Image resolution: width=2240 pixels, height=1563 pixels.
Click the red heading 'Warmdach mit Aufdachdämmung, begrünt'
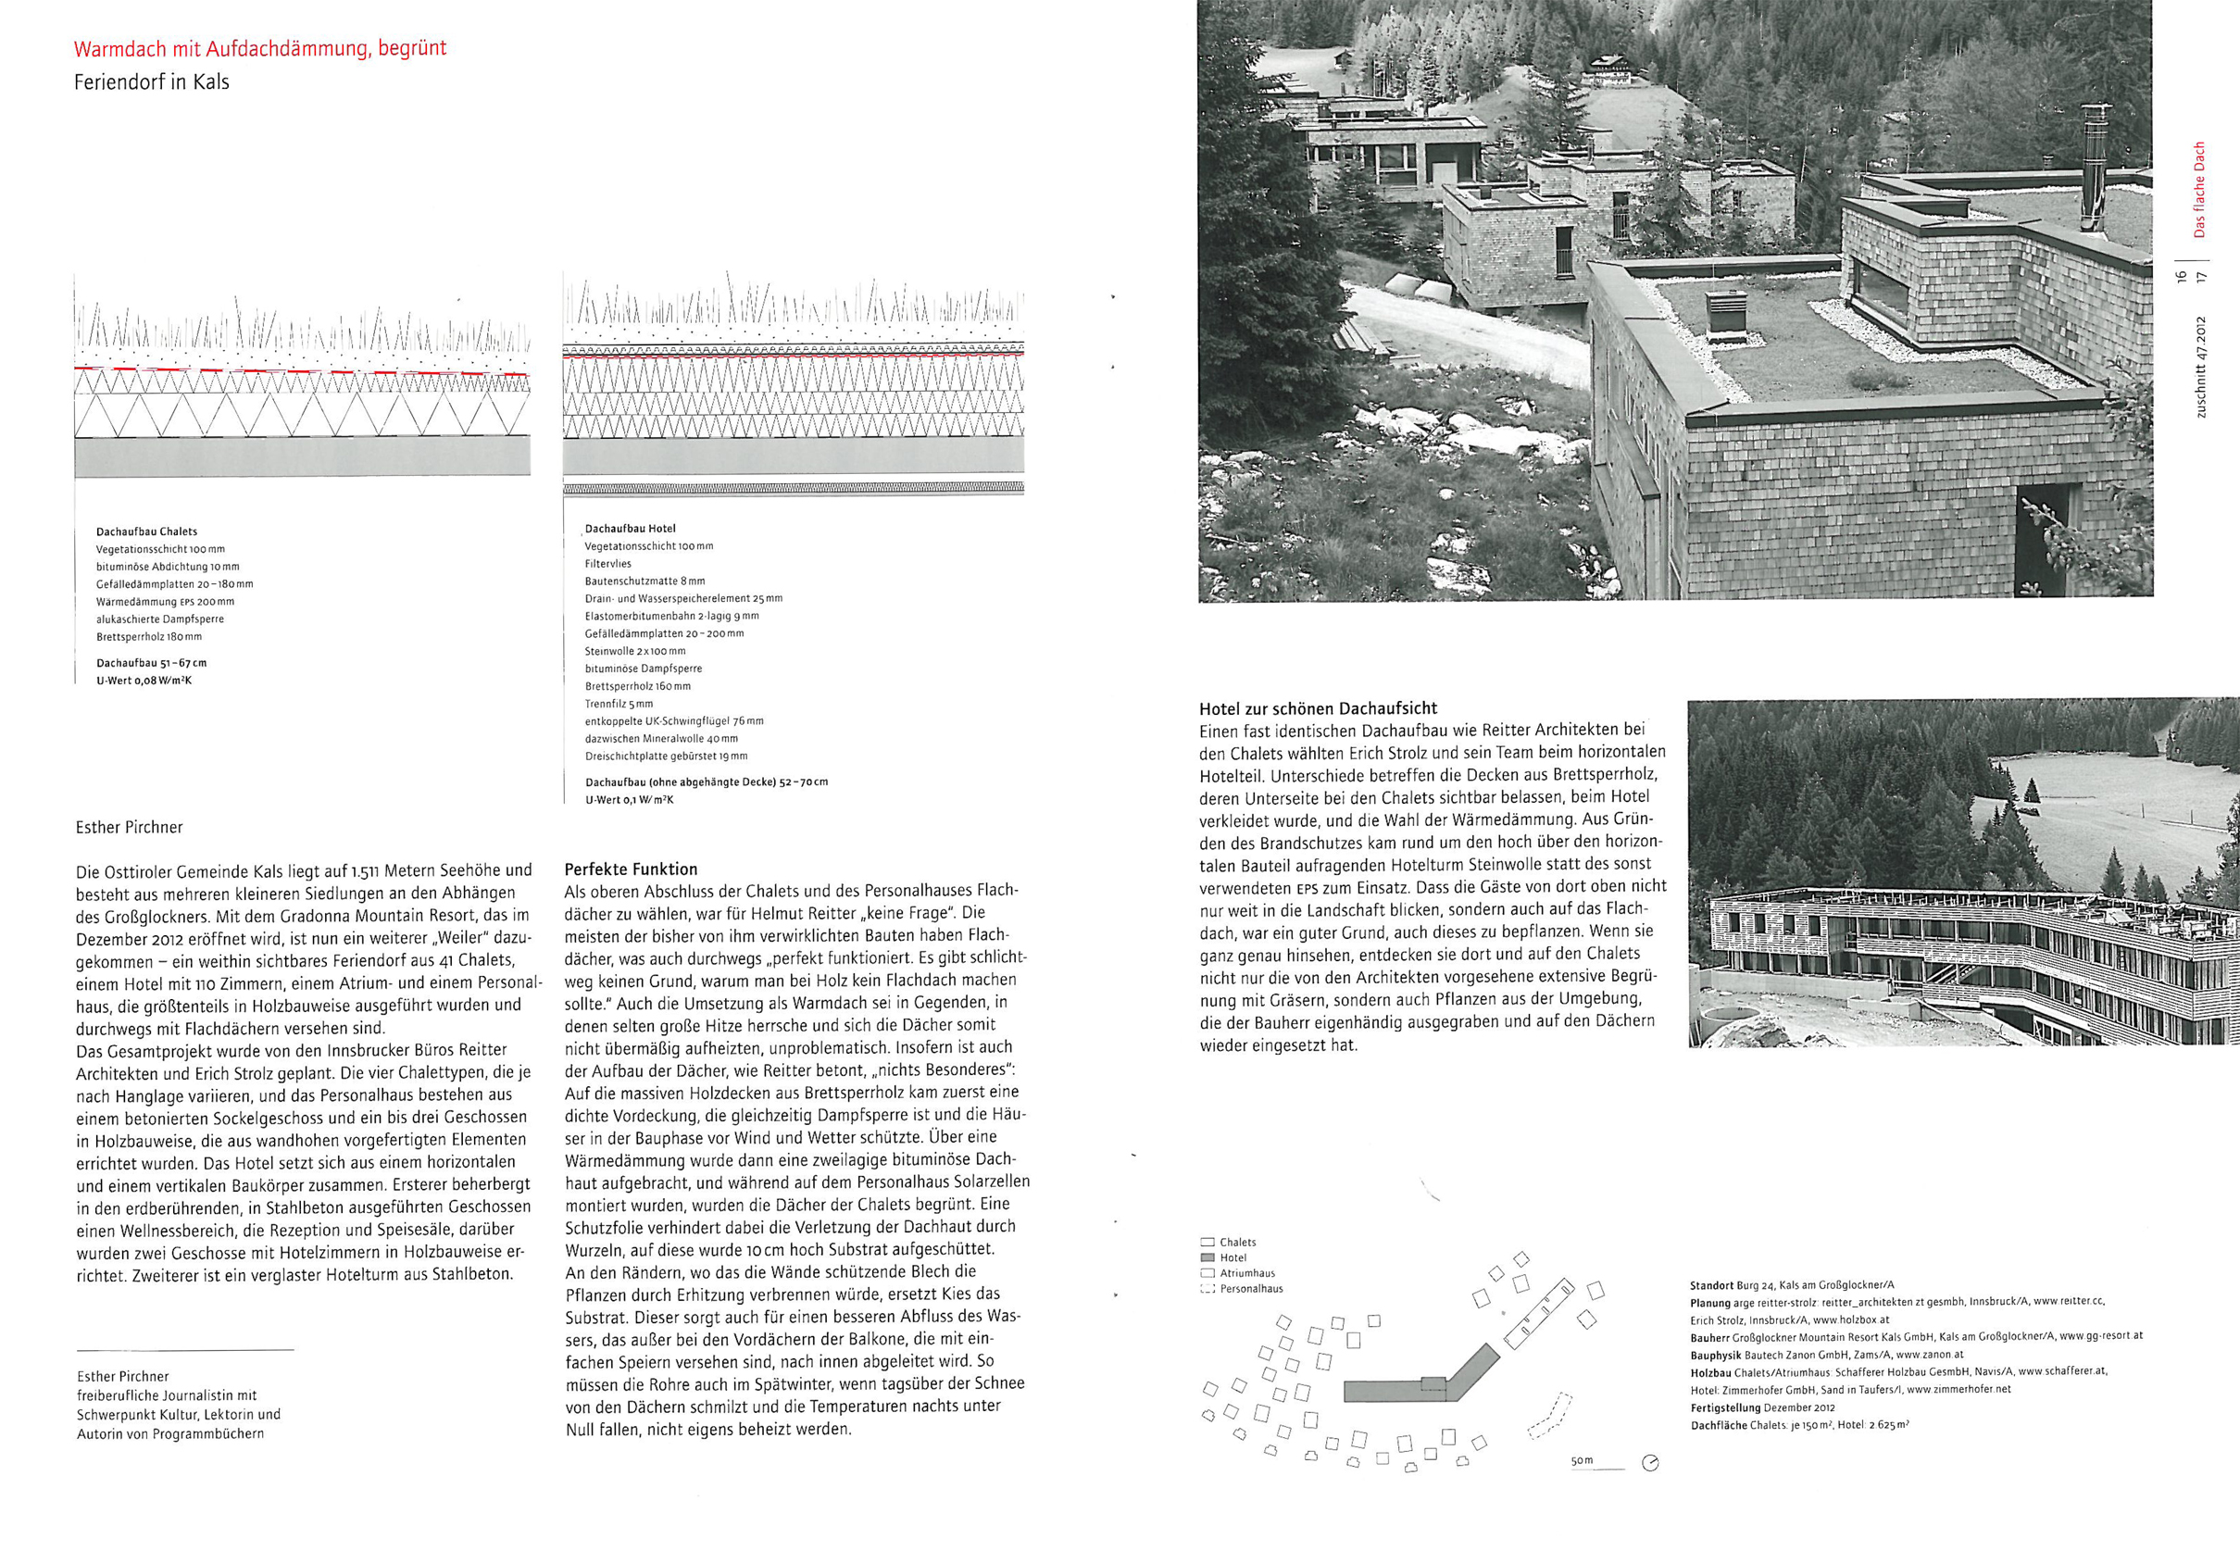[259, 49]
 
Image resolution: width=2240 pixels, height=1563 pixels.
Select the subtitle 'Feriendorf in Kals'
[151, 82]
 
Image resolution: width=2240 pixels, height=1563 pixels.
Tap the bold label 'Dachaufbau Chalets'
[146, 531]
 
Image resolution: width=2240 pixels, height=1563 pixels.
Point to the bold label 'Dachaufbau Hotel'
[631, 529]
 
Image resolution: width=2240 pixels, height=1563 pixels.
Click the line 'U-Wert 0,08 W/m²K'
[144, 681]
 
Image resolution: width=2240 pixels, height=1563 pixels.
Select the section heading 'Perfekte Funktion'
[632, 869]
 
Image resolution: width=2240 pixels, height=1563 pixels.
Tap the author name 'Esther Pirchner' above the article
[129, 828]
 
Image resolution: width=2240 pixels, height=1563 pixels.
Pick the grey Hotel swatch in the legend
[1208, 1257]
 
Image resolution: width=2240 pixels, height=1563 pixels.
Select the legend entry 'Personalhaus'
[1251, 1289]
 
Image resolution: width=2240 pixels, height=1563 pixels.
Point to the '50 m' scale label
[1582, 1460]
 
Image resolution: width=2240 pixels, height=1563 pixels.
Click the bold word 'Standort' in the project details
[1711, 1286]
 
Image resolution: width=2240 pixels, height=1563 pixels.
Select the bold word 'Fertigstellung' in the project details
[1725, 1407]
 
